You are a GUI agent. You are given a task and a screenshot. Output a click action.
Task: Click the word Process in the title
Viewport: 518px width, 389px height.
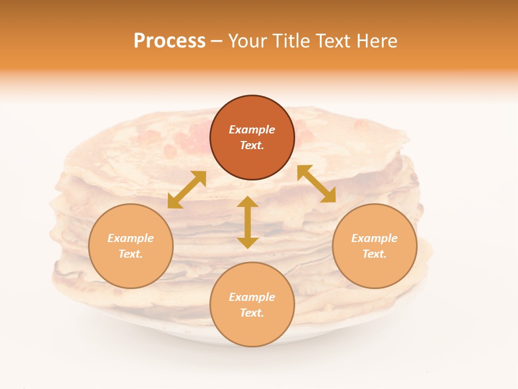[x=169, y=41]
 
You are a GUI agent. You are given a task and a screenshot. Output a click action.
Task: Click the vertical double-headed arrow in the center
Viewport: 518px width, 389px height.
[x=248, y=223]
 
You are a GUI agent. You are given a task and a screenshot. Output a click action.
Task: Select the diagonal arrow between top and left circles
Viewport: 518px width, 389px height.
[x=187, y=190]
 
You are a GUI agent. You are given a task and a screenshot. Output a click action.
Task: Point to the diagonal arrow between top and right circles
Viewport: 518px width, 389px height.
[x=316, y=184]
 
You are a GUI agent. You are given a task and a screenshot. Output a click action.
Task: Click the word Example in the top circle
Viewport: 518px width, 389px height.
[x=252, y=130]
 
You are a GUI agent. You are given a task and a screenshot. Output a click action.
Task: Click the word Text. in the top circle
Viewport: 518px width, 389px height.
[x=252, y=145]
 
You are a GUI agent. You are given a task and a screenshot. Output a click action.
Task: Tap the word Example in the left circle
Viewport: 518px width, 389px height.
[x=131, y=238]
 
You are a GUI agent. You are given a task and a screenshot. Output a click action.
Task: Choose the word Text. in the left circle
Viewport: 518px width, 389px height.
[x=131, y=254]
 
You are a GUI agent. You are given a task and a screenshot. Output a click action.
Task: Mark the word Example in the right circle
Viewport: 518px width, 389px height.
[x=374, y=238]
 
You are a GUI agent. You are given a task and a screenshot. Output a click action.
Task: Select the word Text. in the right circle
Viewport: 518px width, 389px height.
[x=374, y=254]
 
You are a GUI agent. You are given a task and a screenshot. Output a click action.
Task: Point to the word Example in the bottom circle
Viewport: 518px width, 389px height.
[x=252, y=297]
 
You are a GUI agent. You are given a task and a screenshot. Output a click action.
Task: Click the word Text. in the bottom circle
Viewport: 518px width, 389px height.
[x=252, y=313]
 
